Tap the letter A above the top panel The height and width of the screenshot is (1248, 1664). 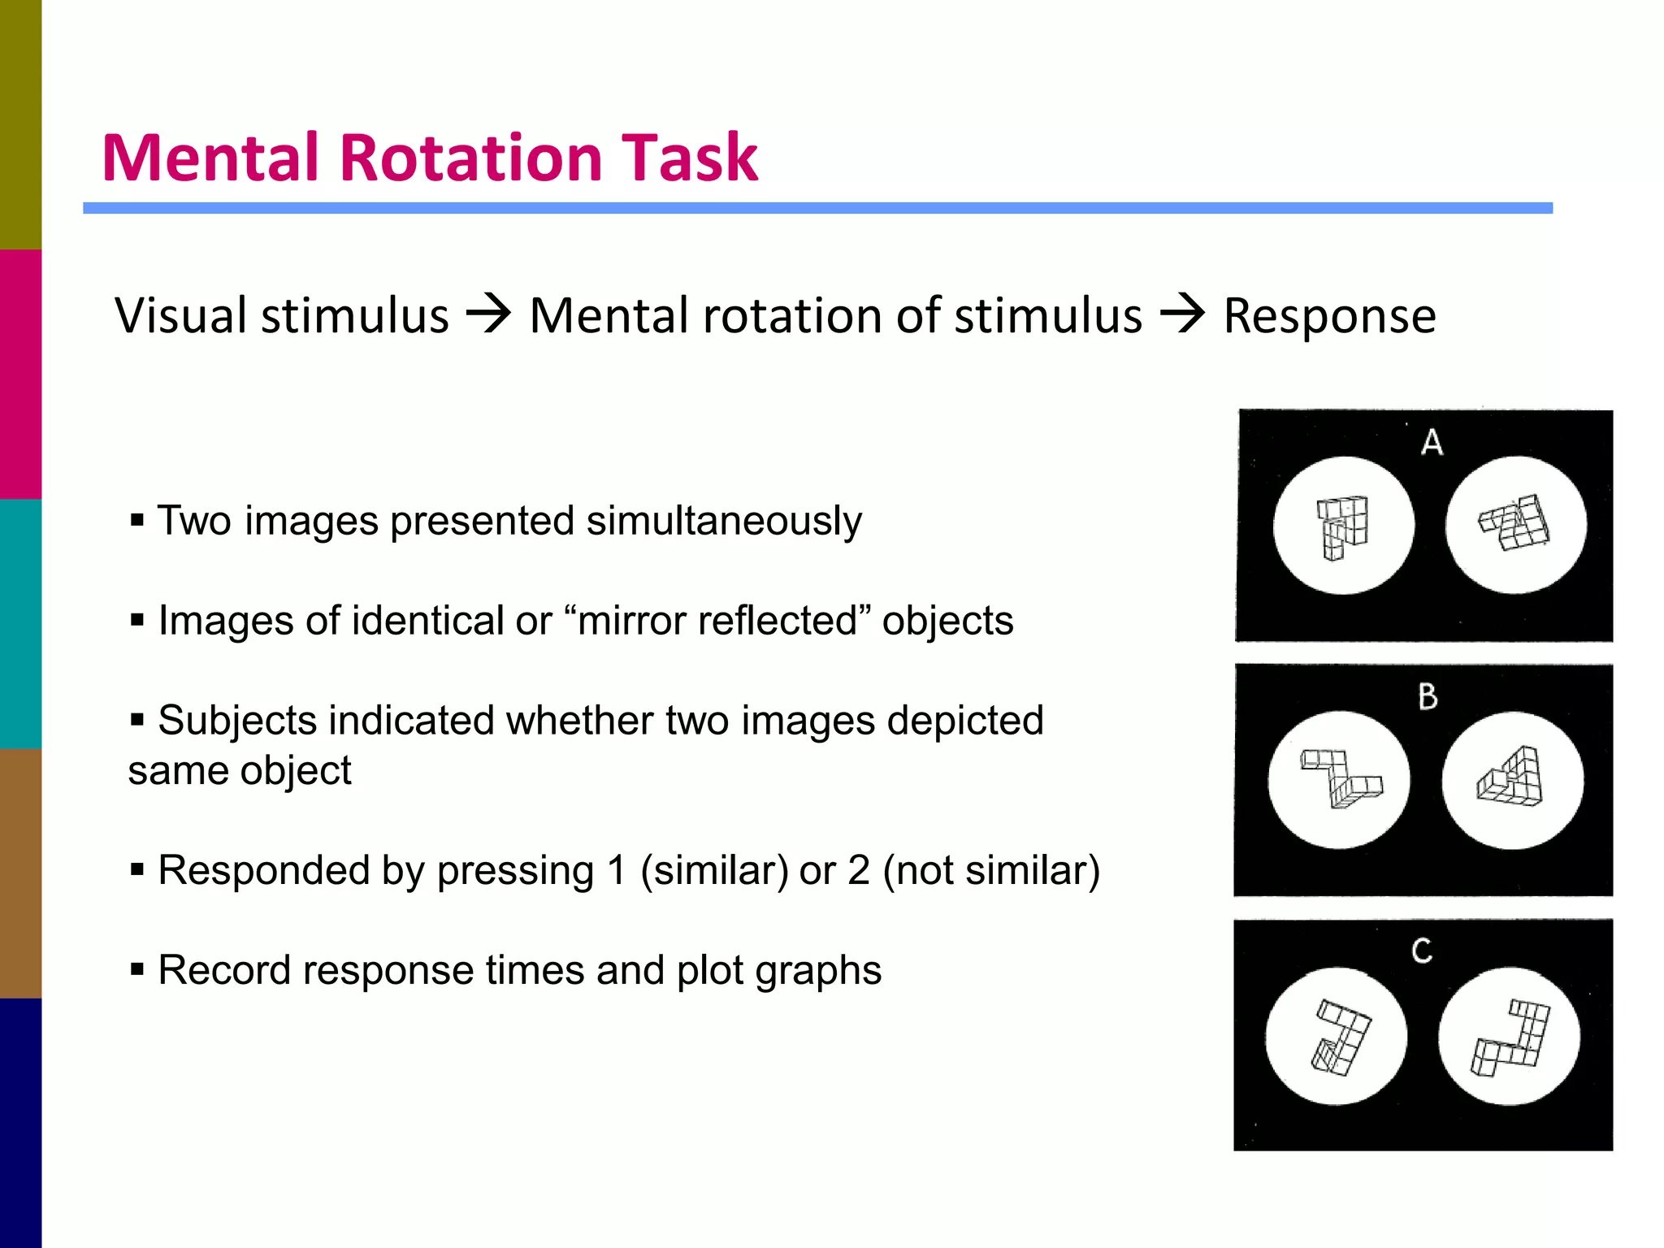pyautogui.click(x=1432, y=443)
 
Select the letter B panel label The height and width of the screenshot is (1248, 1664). pyautogui.click(x=1428, y=697)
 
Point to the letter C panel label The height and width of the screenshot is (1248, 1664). pyautogui.click(x=1422, y=951)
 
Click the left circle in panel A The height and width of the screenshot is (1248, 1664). pyautogui.click(x=1343, y=526)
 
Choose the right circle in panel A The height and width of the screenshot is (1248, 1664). pyautogui.click(x=1515, y=525)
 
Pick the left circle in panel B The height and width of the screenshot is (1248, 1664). pyautogui.click(x=1339, y=780)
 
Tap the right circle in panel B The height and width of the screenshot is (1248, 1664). pyautogui.click(x=1513, y=780)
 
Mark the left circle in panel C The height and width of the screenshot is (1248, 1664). pyautogui.click(x=1337, y=1036)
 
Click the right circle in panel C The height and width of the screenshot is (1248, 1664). pyautogui.click(x=1510, y=1036)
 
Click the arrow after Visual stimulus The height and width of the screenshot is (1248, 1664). pyautogui.click(x=488, y=315)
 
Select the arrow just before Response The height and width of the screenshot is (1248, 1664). pyautogui.click(x=1182, y=315)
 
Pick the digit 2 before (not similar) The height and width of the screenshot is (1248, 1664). pyautogui.click(x=860, y=870)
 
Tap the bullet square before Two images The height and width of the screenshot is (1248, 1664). pyautogui.click(x=136, y=519)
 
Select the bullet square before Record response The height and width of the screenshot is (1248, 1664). pyautogui.click(x=136, y=968)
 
